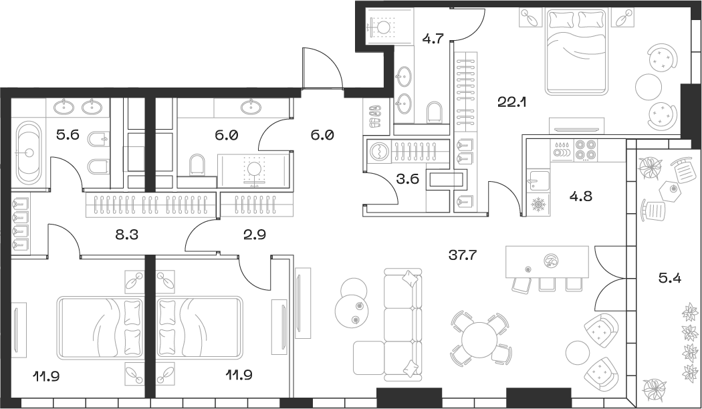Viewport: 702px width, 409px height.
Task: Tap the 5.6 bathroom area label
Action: point(68,134)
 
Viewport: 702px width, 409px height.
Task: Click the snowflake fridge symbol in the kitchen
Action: point(538,204)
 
